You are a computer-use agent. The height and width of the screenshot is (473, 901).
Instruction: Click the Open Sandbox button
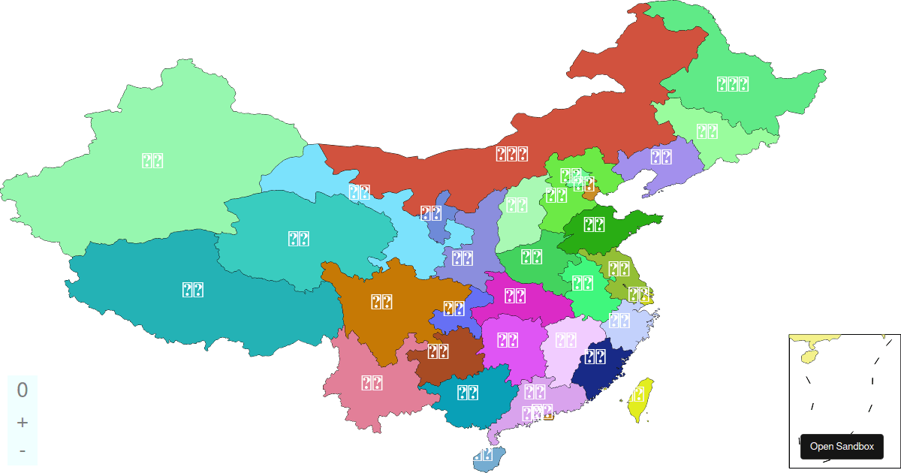(x=842, y=446)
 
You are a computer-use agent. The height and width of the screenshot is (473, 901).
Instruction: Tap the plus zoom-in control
(x=23, y=423)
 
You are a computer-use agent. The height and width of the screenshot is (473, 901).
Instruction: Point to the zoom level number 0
(x=23, y=390)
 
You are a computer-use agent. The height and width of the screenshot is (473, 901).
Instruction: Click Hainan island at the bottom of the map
(x=489, y=457)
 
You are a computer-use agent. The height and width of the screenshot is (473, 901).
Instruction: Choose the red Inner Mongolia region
(x=511, y=154)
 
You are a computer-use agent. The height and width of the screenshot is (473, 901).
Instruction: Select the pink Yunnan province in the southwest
(x=372, y=383)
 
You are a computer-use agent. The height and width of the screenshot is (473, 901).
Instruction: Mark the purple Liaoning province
(x=661, y=157)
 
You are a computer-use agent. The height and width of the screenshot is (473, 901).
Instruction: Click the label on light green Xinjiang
(x=152, y=160)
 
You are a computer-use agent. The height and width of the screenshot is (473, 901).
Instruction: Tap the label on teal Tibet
(x=193, y=290)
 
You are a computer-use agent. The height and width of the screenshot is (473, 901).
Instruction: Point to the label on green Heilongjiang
(x=733, y=84)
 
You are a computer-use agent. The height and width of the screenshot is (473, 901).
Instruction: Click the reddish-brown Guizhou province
(x=438, y=351)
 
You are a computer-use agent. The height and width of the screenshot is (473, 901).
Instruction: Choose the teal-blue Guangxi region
(x=469, y=392)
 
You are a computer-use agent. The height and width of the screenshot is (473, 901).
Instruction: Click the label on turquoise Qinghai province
(x=300, y=239)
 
